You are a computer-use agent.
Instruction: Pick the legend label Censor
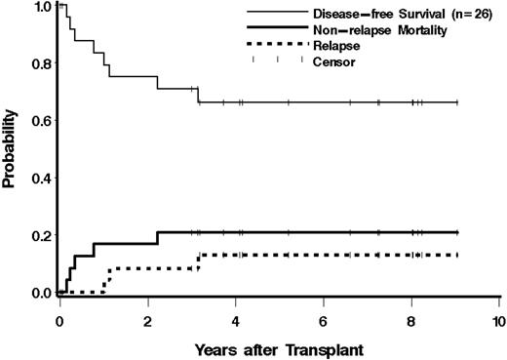[333, 61]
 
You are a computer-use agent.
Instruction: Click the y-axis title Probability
[10, 154]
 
